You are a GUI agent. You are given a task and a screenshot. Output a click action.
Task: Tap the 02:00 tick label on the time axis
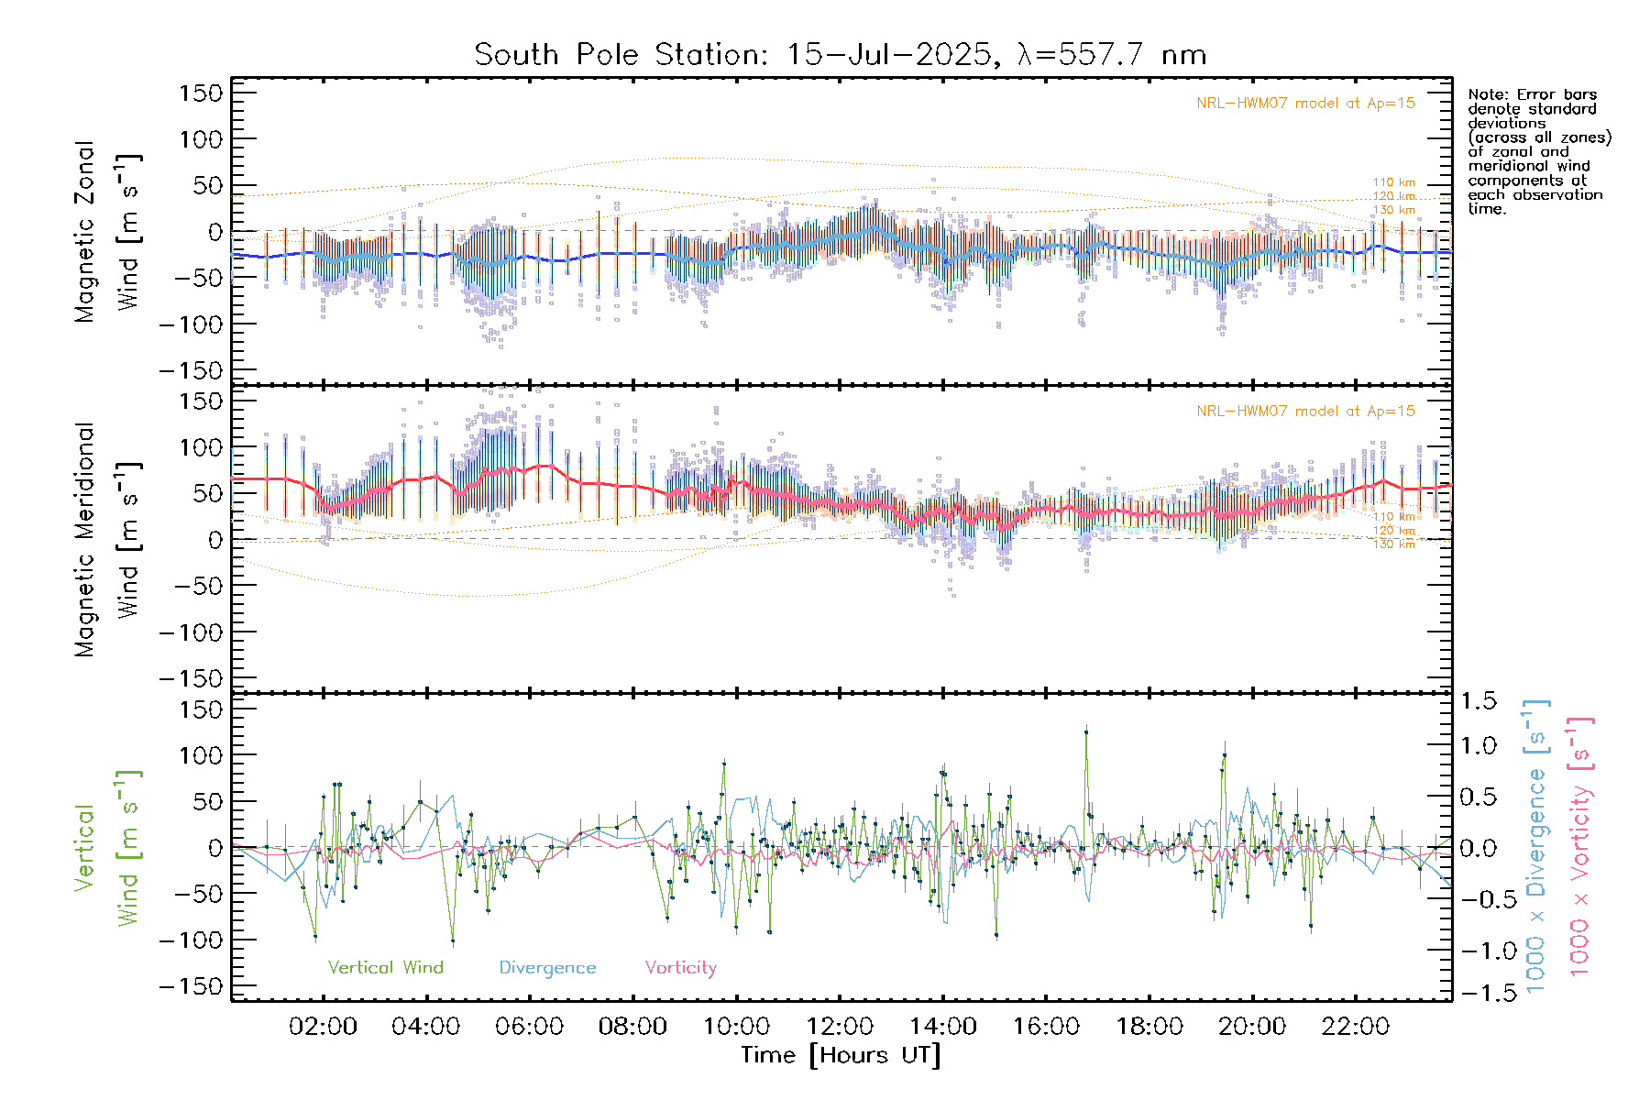coord(323,1027)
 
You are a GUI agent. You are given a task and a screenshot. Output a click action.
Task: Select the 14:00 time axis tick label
coord(942,1027)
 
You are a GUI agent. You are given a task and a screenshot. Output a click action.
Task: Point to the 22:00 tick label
coord(1356,1027)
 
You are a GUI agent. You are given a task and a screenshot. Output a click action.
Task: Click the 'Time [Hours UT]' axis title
coord(840,1055)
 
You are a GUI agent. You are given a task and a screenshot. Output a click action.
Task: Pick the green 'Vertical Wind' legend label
coord(385,968)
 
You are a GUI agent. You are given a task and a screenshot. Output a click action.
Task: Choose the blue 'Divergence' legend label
coord(547,968)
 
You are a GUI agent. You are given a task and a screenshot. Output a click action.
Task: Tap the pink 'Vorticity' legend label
coord(680,968)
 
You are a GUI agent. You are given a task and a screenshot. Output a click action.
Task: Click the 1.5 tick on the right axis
coord(1478,701)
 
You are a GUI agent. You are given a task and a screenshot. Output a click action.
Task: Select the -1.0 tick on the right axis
coord(1478,951)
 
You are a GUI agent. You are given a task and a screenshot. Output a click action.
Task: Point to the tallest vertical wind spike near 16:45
coord(1086,731)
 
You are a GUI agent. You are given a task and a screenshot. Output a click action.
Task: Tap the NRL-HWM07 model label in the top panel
coord(1305,104)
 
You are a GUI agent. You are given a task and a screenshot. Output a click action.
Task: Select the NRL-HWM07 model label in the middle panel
coord(1305,412)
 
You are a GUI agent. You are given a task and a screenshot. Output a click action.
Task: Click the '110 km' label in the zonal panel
coord(1393,182)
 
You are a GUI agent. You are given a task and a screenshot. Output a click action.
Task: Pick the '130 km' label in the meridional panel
coord(1393,544)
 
